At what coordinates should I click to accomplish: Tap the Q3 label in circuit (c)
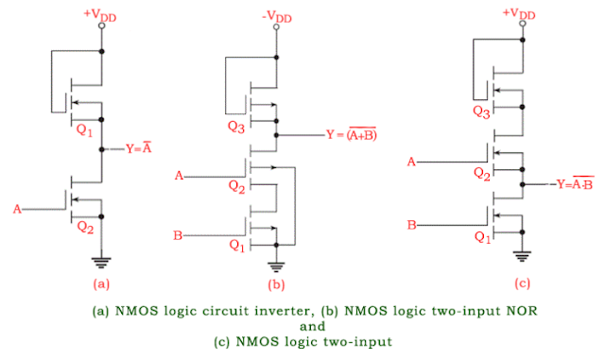coord(479,111)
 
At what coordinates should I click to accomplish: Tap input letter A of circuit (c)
coord(411,162)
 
